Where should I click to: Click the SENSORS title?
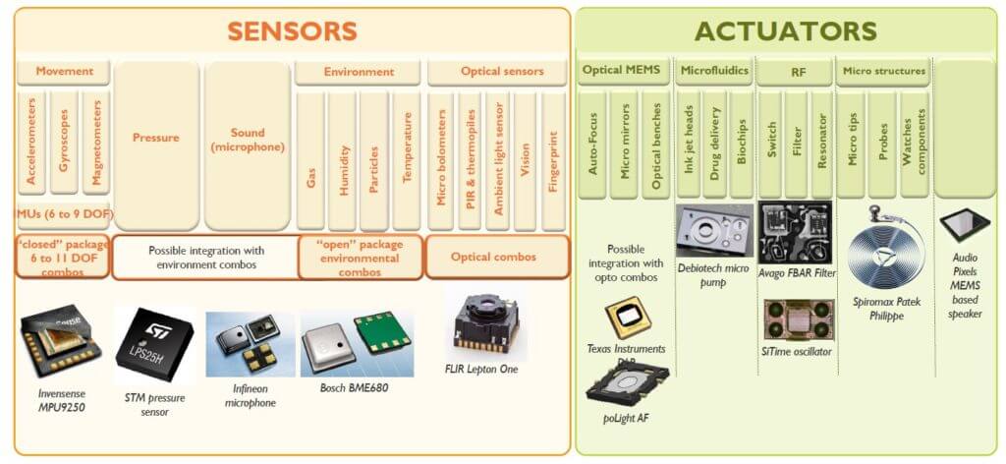292,29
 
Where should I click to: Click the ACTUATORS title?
786,29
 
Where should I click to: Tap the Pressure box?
156,138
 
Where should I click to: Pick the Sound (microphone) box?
249,140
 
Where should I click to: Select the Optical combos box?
497,257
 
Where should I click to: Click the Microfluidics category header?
714,71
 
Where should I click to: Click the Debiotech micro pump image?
714,230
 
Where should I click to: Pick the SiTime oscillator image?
798,319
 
